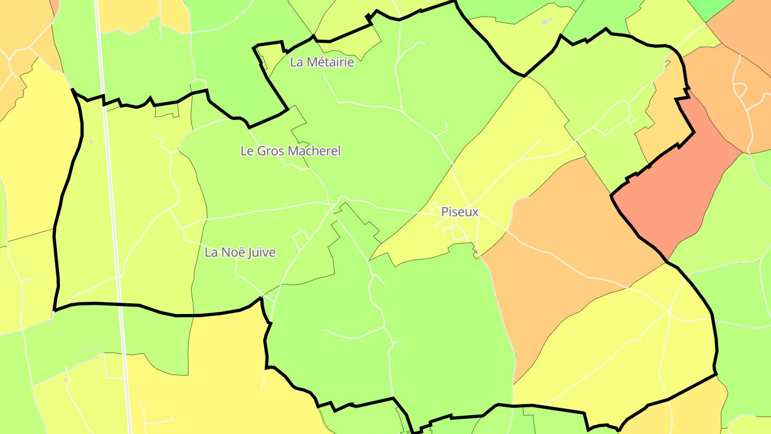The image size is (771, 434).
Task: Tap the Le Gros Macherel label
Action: pos(290,151)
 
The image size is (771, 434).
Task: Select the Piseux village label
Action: pos(459,212)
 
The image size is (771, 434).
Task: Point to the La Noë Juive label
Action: pos(240,252)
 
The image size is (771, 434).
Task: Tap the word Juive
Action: pos(262,252)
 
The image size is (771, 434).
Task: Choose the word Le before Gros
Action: pos(246,151)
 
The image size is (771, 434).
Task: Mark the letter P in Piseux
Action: pos(444,212)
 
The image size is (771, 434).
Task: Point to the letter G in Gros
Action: pos(261,151)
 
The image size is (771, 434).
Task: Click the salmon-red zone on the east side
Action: pos(675,193)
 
